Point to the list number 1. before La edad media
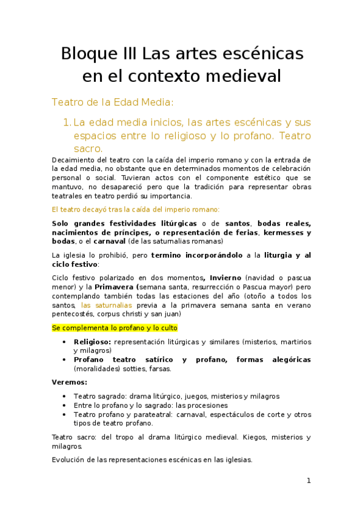[x=66, y=123]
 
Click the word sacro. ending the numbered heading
[x=88, y=149]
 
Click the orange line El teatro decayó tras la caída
[x=136, y=209]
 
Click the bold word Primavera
[x=116, y=287]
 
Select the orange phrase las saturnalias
[x=106, y=305]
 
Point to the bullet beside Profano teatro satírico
[x=65, y=359]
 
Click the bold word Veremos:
[x=70, y=382]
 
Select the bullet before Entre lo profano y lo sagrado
[x=65, y=406]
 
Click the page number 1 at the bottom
[x=308, y=481]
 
